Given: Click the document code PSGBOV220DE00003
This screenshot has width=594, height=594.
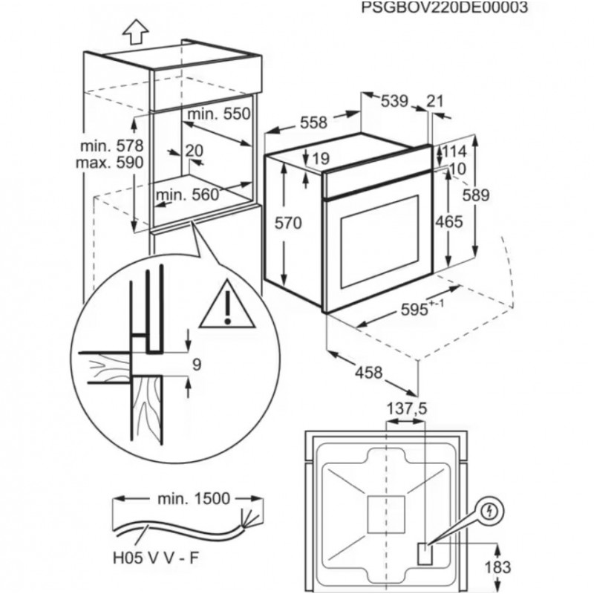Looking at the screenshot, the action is coord(444,7).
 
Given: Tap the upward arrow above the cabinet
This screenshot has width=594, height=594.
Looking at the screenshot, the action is coord(136,32).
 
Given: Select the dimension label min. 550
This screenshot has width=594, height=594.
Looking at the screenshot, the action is coord(219,114).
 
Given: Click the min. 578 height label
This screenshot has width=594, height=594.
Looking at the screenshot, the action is coord(112,146).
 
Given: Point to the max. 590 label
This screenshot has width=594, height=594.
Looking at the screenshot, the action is coord(110,163).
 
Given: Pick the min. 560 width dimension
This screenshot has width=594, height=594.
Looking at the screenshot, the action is coord(188,195).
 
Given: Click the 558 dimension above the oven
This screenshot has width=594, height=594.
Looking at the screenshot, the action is coord(313,123).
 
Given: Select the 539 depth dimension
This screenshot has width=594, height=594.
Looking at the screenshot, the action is coord(394,101).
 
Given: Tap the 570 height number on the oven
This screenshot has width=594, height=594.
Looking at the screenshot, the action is coord(288,223).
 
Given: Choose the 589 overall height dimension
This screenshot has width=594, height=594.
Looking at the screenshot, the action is coord(476,195).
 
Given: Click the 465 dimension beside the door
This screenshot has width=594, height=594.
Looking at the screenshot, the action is coord(449,221).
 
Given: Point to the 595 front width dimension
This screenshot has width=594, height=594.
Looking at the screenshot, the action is coord(422,308).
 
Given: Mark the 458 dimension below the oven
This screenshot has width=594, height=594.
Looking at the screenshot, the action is coord(368,373).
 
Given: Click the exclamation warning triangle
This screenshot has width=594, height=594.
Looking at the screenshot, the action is coord(227,305).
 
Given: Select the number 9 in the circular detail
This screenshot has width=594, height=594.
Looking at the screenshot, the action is coord(197,365).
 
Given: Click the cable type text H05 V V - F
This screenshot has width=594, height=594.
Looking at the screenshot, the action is coord(156,558).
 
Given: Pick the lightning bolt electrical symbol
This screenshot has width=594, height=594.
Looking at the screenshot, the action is coord(491,512).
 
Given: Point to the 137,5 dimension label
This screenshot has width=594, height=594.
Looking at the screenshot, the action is coord(406,408).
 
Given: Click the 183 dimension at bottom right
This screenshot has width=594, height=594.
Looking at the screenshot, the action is coord(497,567).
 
